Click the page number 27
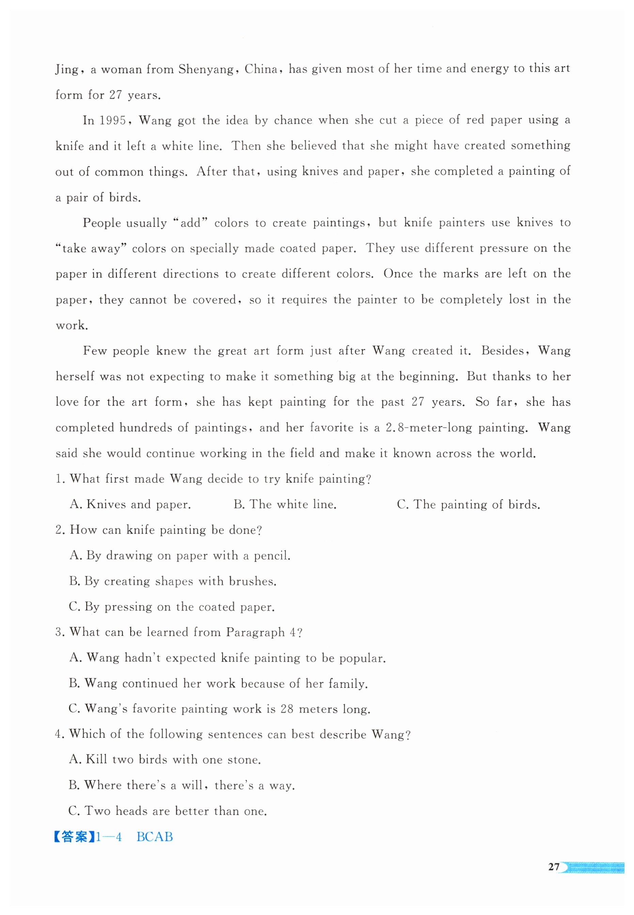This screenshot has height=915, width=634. pyautogui.click(x=553, y=867)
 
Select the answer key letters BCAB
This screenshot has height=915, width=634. pyautogui.click(x=155, y=837)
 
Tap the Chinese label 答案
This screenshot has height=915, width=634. pyautogui.click(x=75, y=837)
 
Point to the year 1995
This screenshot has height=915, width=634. pyautogui.click(x=112, y=120)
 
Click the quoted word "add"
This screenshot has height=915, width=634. pyautogui.click(x=191, y=223)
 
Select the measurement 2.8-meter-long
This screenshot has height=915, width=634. pyautogui.click(x=429, y=428)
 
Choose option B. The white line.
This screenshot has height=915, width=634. pyautogui.click(x=285, y=505)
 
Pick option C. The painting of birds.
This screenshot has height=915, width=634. pyautogui.click(x=468, y=505)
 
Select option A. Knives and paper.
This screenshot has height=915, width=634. pyautogui.click(x=130, y=505)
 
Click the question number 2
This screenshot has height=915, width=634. pyautogui.click(x=60, y=530)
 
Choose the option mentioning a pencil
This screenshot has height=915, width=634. pyautogui.click(x=180, y=555)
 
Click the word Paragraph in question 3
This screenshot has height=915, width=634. pyautogui.click(x=256, y=632)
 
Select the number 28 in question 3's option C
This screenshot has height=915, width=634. pyautogui.click(x=287, y=709)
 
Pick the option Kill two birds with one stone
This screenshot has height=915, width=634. pyautogui.click(x=165, y=760)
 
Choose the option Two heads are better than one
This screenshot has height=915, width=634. pyautogui.click(x=167, y=811)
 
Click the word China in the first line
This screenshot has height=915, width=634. pyautogui.click(x=261, y=70)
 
